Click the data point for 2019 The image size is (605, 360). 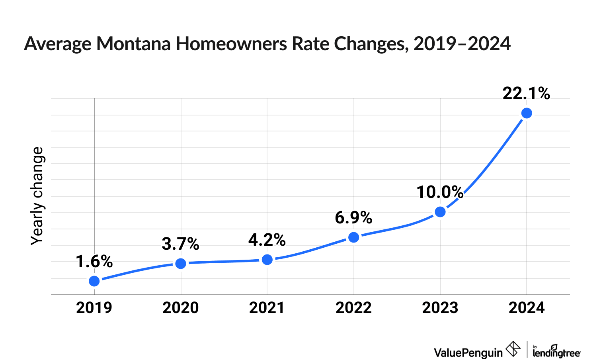pos(94,281)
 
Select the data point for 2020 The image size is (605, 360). pos(181,263)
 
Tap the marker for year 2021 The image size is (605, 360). pos(267,260)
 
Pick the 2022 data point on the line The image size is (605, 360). pos(354,237)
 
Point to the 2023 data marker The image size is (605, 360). pos(440,212)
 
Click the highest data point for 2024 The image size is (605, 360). pos(527,113)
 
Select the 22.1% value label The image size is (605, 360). pos(526,94)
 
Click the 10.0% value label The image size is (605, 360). pos(440,192)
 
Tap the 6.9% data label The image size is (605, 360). pos(353,218)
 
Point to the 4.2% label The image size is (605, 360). pos(267,240)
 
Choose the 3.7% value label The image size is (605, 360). pos(180,244)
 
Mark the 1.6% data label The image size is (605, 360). pos(94,262)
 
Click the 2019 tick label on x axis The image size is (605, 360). pos(94,308)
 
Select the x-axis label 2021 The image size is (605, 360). pos(267,308)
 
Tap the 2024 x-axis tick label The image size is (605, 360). pos(527,308)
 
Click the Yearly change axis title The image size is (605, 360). pos(37,196)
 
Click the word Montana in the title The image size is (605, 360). pos(134,43)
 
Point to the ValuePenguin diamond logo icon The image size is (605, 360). pos(513,349)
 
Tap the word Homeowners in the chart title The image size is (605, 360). pos(232,43)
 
